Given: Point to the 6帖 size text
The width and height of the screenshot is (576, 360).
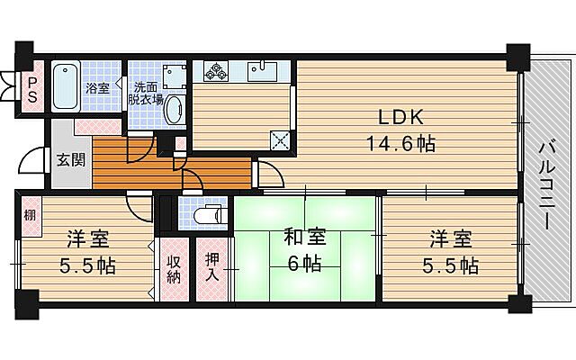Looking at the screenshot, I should point(305,264).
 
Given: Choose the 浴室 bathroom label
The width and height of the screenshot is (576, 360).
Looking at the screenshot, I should point(97,88).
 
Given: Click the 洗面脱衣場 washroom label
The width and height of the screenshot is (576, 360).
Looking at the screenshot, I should point(148,94).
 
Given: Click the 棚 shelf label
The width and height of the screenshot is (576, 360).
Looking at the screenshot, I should point(31,216).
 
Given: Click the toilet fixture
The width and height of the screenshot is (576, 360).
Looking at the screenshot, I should point(206,217).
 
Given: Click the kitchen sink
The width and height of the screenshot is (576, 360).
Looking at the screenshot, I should point(263,71).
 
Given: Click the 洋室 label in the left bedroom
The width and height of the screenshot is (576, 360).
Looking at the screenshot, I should point(87,240).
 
